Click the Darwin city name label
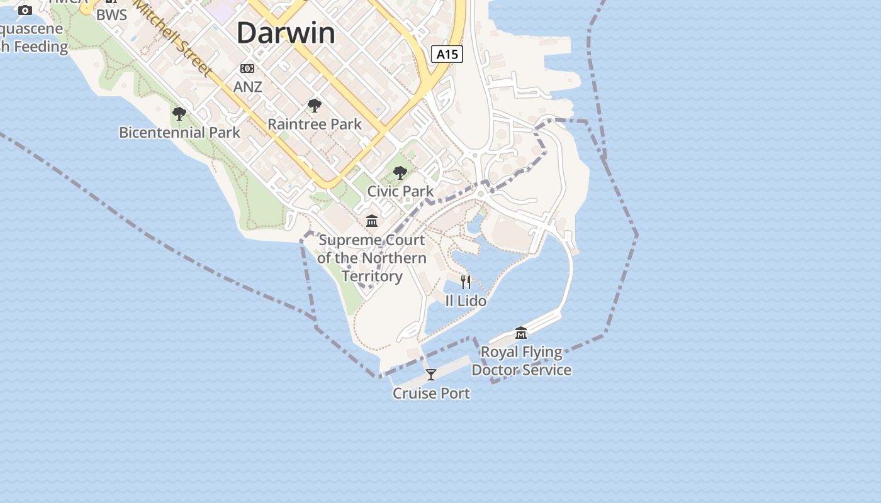click(286, 33)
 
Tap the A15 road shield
click(447, 54)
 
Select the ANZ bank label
click(247, 87)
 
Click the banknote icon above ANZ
click(247, 68)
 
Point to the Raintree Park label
click(315, 124)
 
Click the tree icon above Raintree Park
click(315, 106)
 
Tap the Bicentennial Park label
click(179, 133)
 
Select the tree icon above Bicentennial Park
click(179, 114)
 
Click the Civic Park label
click(400, 191)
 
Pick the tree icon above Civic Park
click(400, 172)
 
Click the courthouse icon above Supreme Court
click(372, 221)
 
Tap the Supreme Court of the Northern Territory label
click(371, 258)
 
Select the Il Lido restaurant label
click(466, 301)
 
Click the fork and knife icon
click(466, 282)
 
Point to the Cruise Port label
click(431, 394)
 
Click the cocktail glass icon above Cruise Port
click(431, 375)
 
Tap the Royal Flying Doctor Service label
click(521, 361)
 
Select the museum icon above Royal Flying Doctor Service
click(521, 333)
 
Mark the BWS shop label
click(111, 15)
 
